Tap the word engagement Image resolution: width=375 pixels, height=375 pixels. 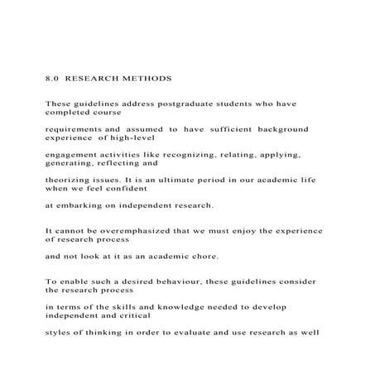click(x=73, y=155)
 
